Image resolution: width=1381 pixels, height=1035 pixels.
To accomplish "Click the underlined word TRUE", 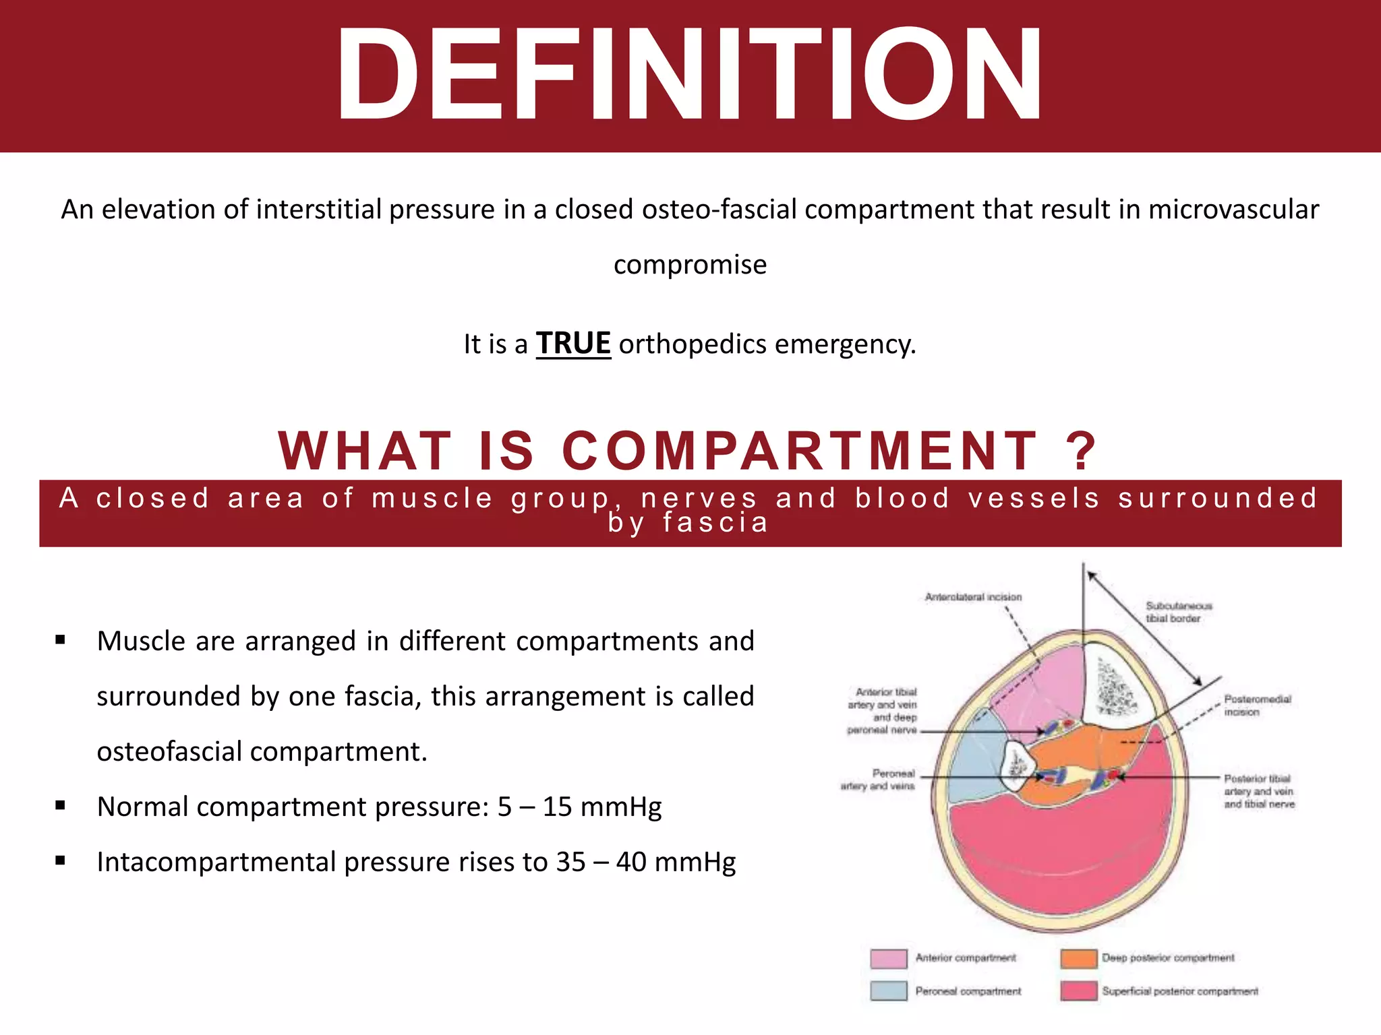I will tap(573, 344).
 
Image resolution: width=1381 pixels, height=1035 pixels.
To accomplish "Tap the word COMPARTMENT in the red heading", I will tap(799, 450).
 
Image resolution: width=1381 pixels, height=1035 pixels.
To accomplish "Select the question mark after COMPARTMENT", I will tap(1081, 450).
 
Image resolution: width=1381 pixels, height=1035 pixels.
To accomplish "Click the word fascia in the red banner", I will tap(715, 523).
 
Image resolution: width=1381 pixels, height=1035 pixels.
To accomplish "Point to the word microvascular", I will tap(1233, 210).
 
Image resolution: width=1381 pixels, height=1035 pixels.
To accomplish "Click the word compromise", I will tap(690, 265).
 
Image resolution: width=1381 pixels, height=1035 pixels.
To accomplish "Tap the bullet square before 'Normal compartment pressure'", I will tap(61, 805).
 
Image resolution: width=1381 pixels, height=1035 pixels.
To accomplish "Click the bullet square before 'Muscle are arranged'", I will tap(61, 639).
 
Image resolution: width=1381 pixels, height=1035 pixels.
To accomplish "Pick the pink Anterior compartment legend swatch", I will tap(888, 958).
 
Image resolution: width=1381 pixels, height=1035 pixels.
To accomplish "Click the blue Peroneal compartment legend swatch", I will tap(888, 991).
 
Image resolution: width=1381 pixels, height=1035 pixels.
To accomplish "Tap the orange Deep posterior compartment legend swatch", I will tap(1078, 958).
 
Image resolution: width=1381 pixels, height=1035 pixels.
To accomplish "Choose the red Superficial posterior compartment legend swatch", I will tap(1078, 991).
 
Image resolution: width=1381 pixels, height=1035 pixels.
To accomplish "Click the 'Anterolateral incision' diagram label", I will tap(973, 597).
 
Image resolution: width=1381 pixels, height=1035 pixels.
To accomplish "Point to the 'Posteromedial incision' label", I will tap(1258, 705).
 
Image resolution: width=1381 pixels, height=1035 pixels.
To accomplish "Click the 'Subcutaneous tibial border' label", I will tap(1178, 612).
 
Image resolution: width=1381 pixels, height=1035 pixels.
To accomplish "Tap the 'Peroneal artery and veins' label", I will tap(879, 780).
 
